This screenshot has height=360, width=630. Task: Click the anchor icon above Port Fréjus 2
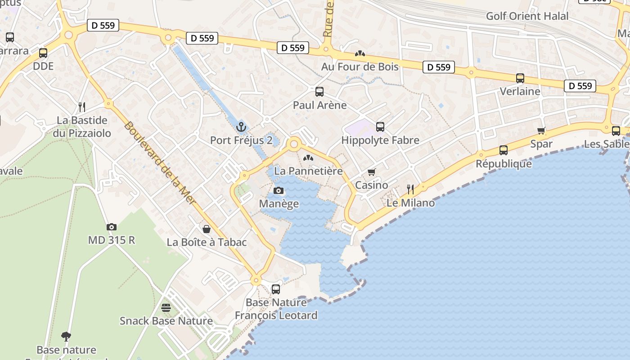[x=242, y=127]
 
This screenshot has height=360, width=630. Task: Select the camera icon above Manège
[x=279, y=190]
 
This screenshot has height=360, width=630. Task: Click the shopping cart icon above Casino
[x=372, y=172]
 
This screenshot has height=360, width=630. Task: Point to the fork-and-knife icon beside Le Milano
[x=410, y=189]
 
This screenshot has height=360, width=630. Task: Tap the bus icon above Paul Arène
[x=319, y=92]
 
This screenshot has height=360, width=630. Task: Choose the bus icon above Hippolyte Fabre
[x=380, y=127]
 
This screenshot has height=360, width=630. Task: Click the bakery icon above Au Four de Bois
[x=360, y=54]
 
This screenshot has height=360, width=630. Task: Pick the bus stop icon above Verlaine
[x=520, y=78]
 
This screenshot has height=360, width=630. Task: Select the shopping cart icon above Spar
[x=541, y=130]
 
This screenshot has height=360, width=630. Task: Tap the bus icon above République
[x=504, y=150]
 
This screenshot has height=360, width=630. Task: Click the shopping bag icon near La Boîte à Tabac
[x=207, y=229]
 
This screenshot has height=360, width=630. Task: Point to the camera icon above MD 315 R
[x=112, y=227]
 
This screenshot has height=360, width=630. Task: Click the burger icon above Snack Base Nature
[x=166, y=308]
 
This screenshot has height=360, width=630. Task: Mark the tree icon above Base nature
[x=66, y=336]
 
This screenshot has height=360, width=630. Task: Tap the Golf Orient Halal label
[x=527, y=16]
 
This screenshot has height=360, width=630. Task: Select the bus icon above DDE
[x=43, y=53]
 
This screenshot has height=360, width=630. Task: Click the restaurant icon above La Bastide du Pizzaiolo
[x=82, y=107]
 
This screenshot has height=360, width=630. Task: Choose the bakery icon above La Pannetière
[x=308, y=158]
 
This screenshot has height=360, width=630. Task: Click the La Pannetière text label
[x=308, y=171]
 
